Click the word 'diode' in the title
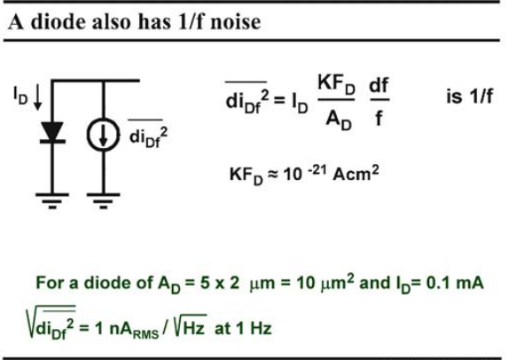pyautogui.click(x=58, y=21)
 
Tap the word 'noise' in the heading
pyautogui.click(x=236, y=22)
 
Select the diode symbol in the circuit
pyautogui.click(x=52, y=132)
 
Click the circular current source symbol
pyautogui.click(x=103, y=135)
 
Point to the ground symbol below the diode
pyautogui.click(x=52, y=200)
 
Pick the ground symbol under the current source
pyautogui.click(x=104, y=200)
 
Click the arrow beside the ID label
pyautogui.click(x=38, y=97)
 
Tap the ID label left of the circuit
pyautogui.click(x=20, y=96)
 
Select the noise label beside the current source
pyautogui.click(x=148, y=134)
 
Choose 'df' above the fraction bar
pyautogui.click(x=379, y=85)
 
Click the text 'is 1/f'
pyautogui.click(x=470, y=97)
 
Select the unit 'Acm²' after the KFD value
pyautogui.click(x=356, y=173)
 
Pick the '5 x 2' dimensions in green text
pyautogui.click(x=220, y=283)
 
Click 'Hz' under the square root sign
pyautogui.click(x=194, y=328)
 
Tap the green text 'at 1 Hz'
pyautogui.click(x=243, y=328)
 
